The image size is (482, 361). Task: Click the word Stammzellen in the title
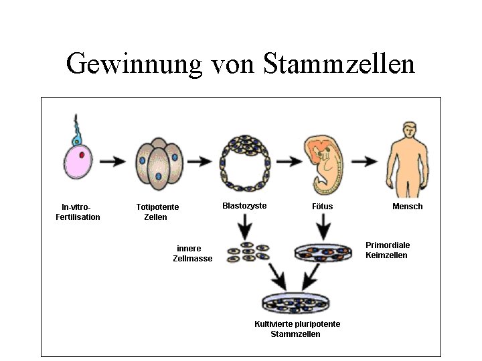[x=339, y=64]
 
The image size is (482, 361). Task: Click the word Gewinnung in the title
[x=134, y=65]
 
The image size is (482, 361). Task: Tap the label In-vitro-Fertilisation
[x=78, y=212]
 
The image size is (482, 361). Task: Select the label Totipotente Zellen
[x=157, y=212]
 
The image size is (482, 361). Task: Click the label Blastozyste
[x=244, y=206]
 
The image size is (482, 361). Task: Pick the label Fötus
[x=322, y=207]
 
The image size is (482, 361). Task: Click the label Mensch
[x=407, y=207]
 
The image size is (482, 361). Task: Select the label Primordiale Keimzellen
[x=388, y=250]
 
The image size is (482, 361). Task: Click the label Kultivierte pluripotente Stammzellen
[x=297, y=329]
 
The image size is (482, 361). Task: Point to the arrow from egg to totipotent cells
[x=116, y=161]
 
